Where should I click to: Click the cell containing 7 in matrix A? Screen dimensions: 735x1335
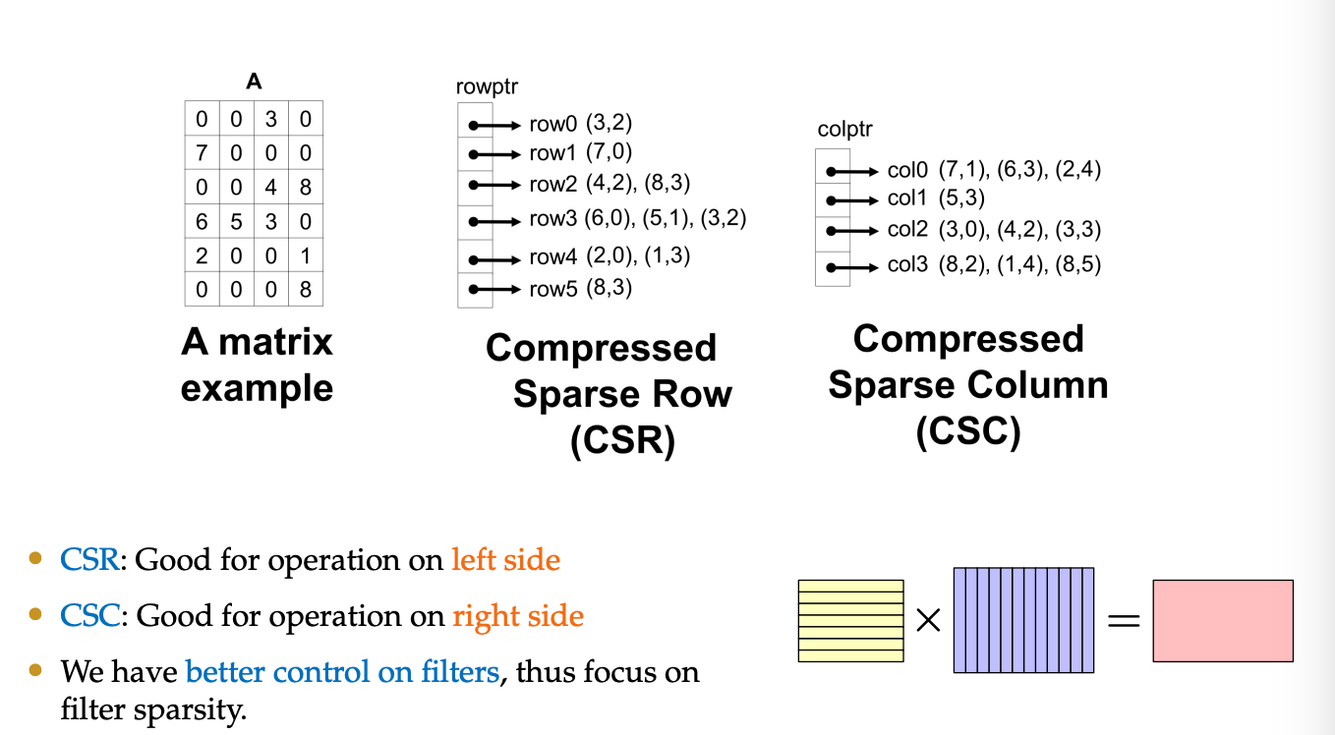tap(203, 153)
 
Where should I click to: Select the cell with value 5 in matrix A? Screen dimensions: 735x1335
tap(237, 221)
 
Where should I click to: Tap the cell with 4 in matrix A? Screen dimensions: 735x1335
tap(271, 187)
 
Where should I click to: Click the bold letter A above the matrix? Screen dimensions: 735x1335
tap(254, 83)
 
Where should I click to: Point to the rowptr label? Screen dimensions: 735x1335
tap(487, 87)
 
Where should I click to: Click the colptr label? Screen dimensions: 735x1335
tap(844, 130)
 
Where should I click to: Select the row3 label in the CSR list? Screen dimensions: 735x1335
tap(553, 220)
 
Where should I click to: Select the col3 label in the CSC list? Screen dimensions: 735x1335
tap(908, 264)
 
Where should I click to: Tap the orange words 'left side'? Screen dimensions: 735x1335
tap(505, 560)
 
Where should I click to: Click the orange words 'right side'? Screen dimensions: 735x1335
tap(518, 616)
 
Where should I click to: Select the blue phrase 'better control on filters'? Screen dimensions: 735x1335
tap(342, 672)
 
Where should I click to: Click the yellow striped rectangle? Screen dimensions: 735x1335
tap(850, 620)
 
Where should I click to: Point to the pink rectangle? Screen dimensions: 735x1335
tap(1223, 620)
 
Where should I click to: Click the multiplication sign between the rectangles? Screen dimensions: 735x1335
tap(928, 621)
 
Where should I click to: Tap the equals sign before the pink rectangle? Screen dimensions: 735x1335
tap(1124, 621)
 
